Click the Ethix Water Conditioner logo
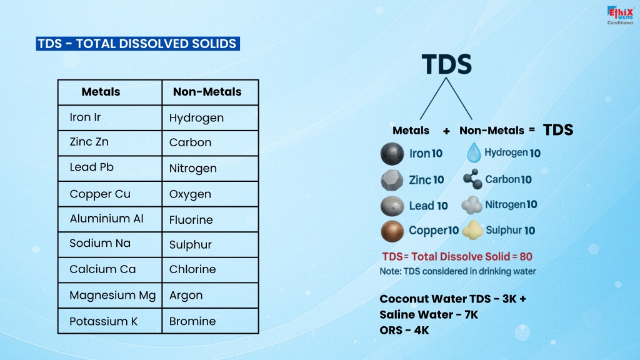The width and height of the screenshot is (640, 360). [x=620, y=16]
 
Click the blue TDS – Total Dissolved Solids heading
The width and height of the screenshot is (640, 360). [x=138, y=44]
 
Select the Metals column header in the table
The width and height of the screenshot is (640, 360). [x=101, y=92]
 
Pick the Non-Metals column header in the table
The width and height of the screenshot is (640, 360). [x=207, y=92]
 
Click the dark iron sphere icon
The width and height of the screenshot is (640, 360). [x=392, y=154]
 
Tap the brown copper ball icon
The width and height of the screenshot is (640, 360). [x=392, y=231]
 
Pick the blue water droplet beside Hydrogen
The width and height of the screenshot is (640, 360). [x=474, y=153]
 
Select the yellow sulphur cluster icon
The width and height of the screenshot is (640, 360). [x=472, y=230]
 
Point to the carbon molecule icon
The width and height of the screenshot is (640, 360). [x=472, y=179]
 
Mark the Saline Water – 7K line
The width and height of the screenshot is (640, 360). [x=429, y=315]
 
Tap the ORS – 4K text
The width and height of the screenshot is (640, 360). [x=404, y=330]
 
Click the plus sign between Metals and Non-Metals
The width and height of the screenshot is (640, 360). [x=446, y=131]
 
